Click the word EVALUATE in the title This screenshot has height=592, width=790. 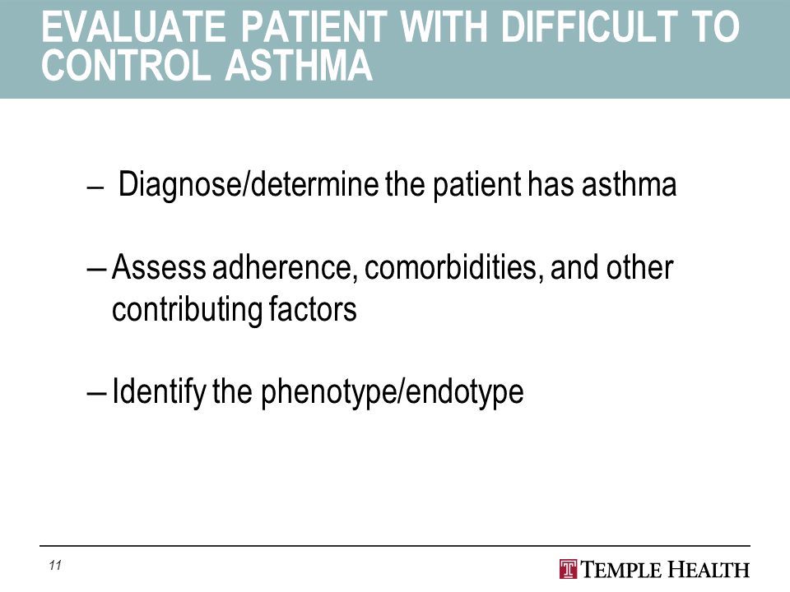point(134,27)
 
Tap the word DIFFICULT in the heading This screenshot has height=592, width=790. point(589,27)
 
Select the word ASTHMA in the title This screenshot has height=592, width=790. point(299,66)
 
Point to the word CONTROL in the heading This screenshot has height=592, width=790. point(125,66)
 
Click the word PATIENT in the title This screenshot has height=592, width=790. point(314,27)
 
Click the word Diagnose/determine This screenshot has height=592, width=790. point(249,184)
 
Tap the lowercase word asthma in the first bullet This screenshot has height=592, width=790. point(630,183)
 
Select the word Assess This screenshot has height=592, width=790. point(159,266)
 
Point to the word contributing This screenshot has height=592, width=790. point(187,310)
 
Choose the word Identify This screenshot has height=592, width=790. point(159,391)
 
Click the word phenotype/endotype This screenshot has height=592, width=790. point(393,392)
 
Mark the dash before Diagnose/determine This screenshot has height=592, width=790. point(95,187)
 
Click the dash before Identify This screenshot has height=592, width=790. point(96,394)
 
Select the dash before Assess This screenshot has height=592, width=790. point(96,270)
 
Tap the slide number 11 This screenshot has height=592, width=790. point(55,566)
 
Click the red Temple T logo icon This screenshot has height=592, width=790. point(569,569)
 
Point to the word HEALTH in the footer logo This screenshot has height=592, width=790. point(709,569)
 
